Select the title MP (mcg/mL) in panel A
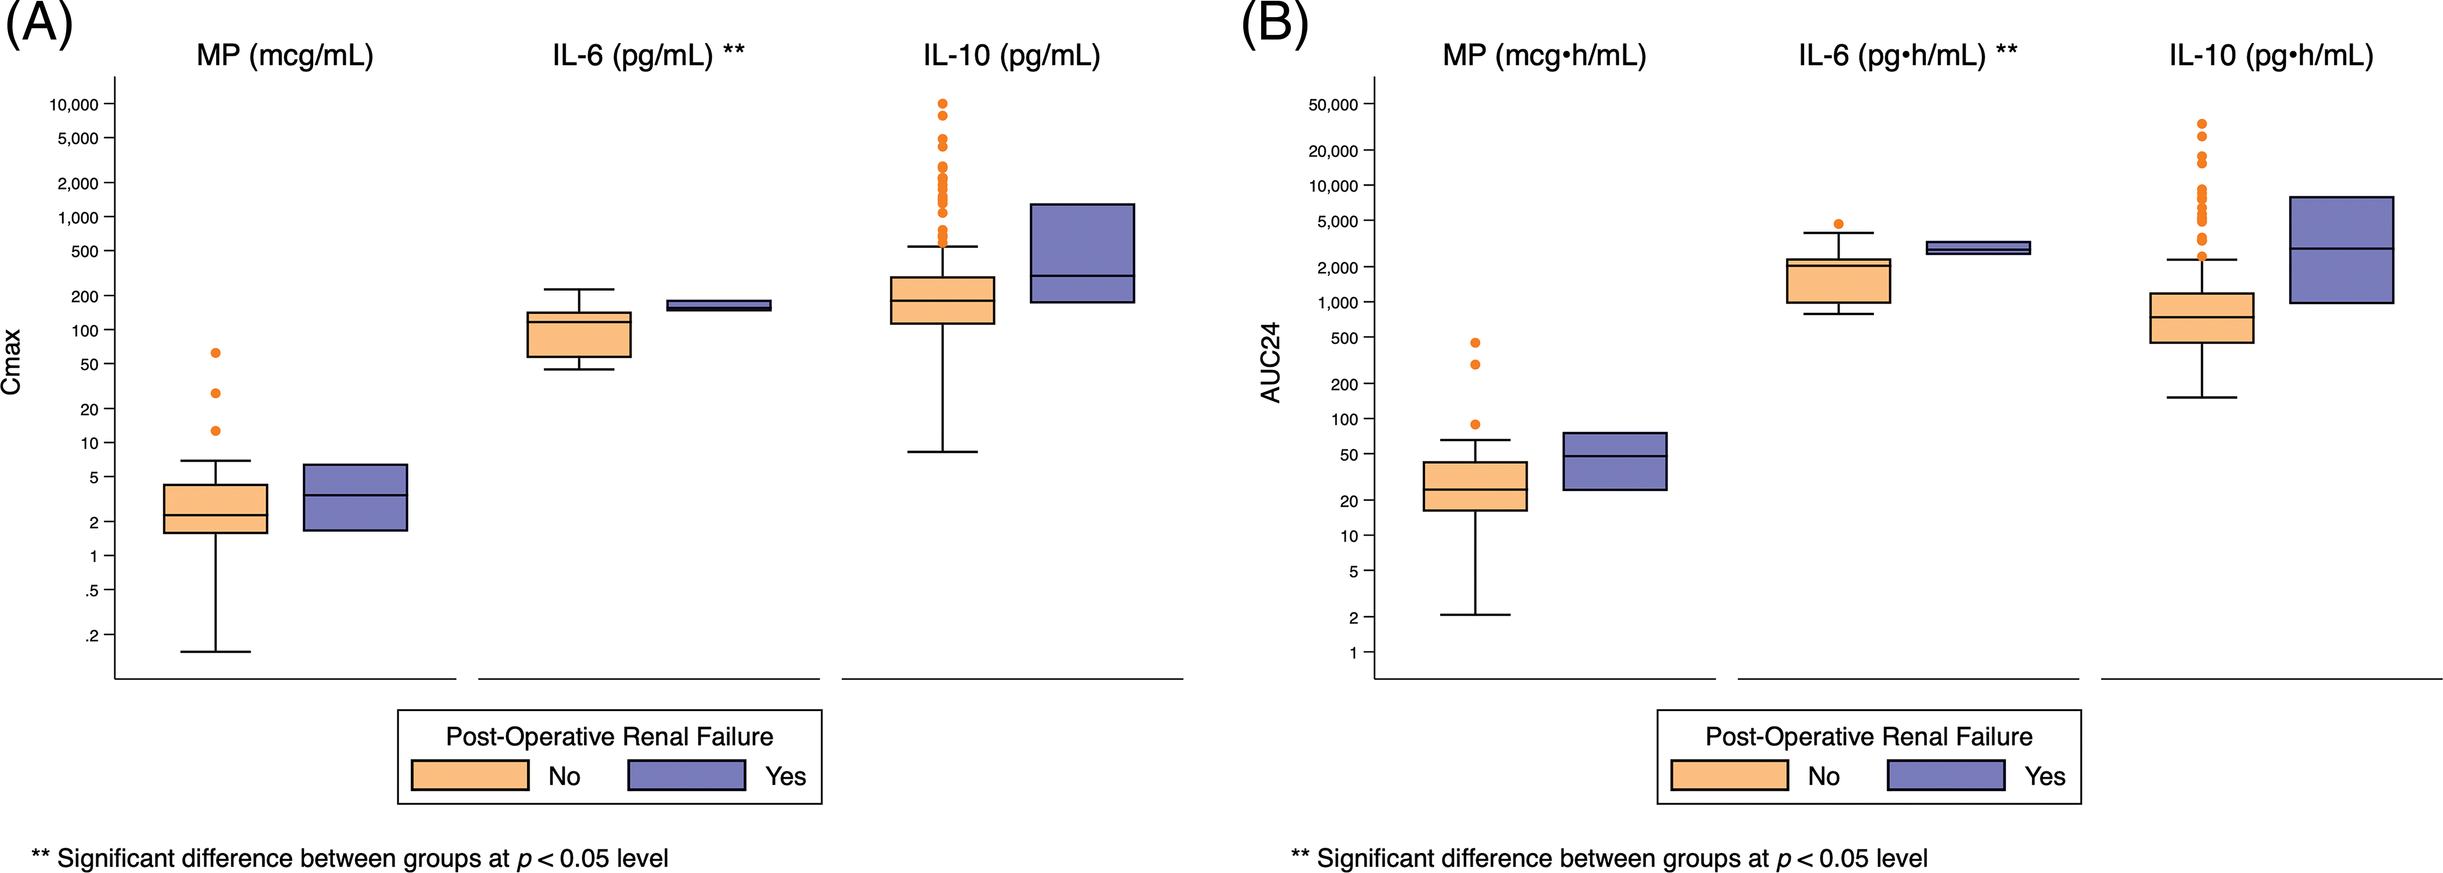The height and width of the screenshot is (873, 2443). pos(285,55)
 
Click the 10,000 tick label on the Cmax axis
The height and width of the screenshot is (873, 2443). pos(74,104)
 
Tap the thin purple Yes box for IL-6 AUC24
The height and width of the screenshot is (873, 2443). pos(1978,248)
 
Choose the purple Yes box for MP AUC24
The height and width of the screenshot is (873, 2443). pos(1614,461)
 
